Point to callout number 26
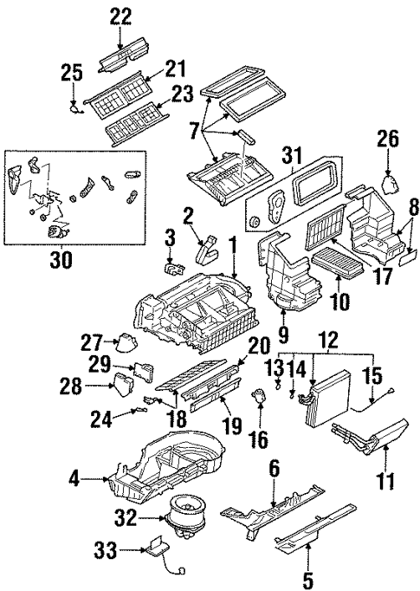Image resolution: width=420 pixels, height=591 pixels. (x=388, y=140)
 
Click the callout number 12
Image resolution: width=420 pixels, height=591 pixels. (x=328, y=340)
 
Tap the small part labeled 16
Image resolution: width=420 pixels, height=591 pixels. (x=257, y=397)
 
